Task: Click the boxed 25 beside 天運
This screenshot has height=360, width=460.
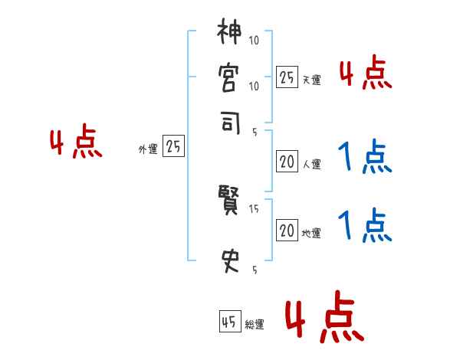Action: point(287,77)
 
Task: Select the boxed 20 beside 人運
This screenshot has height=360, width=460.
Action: point(287,162)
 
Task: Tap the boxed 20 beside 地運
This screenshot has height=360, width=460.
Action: point(287,230)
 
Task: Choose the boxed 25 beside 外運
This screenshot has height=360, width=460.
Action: point(173,147)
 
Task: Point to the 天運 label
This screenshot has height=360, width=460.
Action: point(311,80)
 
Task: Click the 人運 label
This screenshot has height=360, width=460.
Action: point(311,164)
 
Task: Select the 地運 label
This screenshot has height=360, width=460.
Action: point(311,233)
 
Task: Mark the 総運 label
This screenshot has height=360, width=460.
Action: point(255,325)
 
